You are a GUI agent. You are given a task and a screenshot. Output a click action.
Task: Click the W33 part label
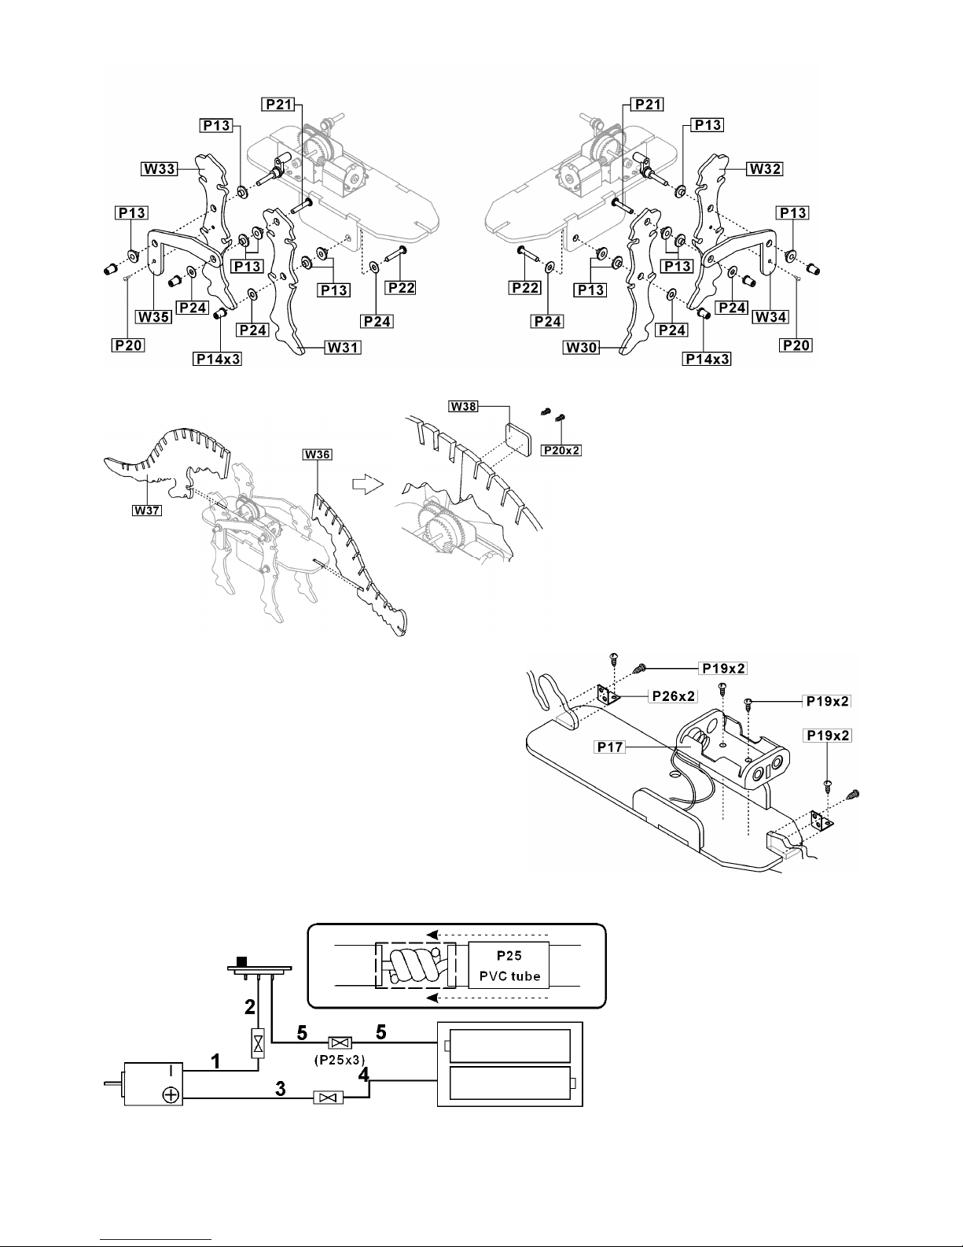[x=160, y=168]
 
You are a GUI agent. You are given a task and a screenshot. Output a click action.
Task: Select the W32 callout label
[x=765, y=168]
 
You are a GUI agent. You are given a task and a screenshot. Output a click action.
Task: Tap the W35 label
[x=154, y=317]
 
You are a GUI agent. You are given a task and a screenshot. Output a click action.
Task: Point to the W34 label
[x=771, y=317]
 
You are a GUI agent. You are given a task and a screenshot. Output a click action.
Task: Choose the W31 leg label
[x=343, y=347]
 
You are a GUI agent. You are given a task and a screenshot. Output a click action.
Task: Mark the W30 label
[x=582, y=347]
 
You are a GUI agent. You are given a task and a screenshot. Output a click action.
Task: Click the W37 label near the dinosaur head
[x=147, y=510]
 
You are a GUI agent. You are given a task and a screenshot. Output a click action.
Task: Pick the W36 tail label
[x=317, y=455]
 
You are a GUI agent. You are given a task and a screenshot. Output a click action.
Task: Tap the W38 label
[x=463, y=406]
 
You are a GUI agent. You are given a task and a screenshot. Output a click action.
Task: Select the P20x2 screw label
[x=561, y=451]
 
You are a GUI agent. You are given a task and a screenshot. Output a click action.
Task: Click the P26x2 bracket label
[x=674, y=696]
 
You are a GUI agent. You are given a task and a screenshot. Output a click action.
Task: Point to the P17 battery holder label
[x=610, y=747]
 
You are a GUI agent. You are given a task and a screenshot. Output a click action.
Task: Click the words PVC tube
[x=509, y=976]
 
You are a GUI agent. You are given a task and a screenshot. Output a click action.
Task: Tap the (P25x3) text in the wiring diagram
[x=340, y=1060]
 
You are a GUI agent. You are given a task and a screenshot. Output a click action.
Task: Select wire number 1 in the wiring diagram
[x=215, y=1061]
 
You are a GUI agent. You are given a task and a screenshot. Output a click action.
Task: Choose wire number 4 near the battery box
[x=363, y=1074]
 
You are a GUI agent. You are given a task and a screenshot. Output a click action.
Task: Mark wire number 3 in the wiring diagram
[x=281, y=1089]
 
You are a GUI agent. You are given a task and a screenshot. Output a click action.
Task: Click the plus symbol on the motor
[x=171, y=1095]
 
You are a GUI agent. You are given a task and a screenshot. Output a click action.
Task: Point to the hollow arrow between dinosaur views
[x=367, y=483]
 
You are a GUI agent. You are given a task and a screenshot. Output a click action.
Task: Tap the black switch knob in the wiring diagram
[x=242, y=961]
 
